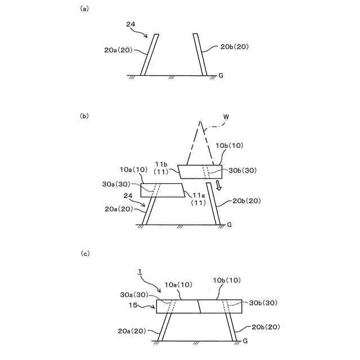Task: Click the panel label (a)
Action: click(x=84, y=9)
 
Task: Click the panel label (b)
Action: click(x=84, y=116)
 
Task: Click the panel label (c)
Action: click(x=84, y=254)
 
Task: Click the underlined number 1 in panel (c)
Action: click(x=138, y=271)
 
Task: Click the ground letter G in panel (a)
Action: click(x=221, y=75)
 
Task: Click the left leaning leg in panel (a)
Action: click(x=150, y=55)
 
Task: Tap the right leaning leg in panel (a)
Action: click(x=200, y=55)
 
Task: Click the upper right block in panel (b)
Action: click(x=200, y=172)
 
